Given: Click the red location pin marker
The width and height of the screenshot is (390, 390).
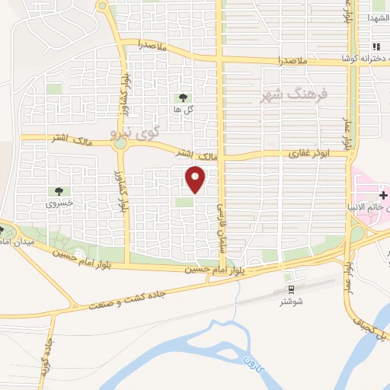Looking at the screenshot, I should tap(197, 179).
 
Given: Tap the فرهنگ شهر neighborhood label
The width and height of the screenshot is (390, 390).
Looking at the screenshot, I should tap(292, 95).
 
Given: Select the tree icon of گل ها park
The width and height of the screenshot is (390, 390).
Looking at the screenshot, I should tap(183, 97).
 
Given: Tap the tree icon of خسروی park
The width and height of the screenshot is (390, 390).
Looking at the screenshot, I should tap(59, 190).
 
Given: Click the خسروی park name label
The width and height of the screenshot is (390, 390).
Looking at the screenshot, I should tap(59, 203).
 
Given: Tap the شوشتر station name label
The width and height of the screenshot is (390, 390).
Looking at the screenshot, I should tap(292, 302).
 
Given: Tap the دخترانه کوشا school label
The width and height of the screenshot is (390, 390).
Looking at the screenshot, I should tap(366, 59).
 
